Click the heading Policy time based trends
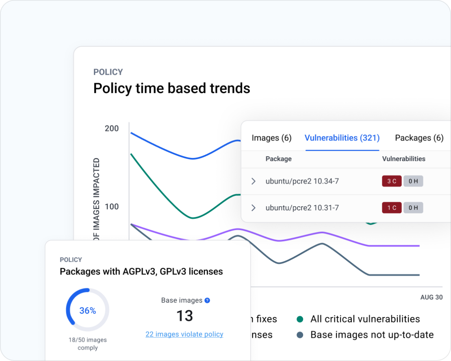tap(171, 88)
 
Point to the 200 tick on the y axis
tap(112, 128)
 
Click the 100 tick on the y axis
tap(112, 206)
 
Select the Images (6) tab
tap(271, 138)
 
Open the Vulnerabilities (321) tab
tap(342, 138)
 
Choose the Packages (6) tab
tap(419, 138)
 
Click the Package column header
tap(278, 159)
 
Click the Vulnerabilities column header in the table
tap(403, 159)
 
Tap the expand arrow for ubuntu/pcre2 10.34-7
tap(254, 181)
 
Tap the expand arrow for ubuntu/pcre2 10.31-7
tap(254, 208)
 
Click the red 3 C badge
tap(392, 181)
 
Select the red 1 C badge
tap(392, 208)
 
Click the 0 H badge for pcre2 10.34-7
tap(413, 181)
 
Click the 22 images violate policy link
tap(184, 334)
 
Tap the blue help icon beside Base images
tap(207, 300)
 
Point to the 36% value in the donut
tap(88, 311)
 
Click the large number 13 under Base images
tap(184, 316)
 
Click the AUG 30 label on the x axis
tap(431, 297)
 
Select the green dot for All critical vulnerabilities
tap(300, 319)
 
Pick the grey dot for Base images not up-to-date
tap(300, 335)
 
